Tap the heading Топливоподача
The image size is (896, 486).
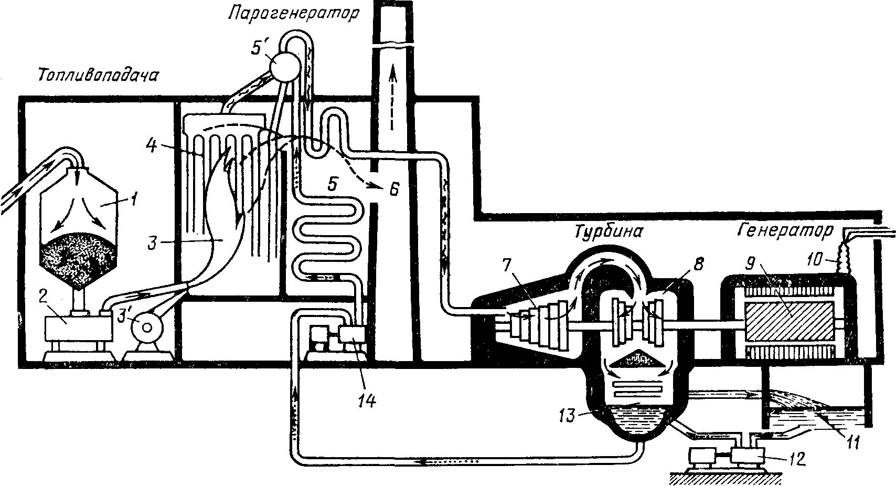point(98,77)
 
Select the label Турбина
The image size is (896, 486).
point(608,231)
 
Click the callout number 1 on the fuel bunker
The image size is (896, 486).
point(135,199)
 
